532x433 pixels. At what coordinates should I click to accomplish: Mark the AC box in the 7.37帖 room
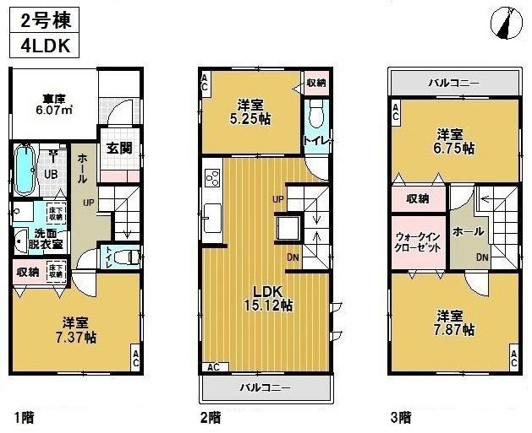click(135, 356)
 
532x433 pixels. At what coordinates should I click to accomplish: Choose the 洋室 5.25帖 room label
click(251, 112)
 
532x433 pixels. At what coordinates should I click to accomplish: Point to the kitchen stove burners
click(211, 179)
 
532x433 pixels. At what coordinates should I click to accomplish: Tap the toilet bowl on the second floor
click(317, 113)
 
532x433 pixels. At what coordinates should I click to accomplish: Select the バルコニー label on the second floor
click(265, 387)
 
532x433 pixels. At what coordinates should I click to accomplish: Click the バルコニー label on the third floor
click(453, 84)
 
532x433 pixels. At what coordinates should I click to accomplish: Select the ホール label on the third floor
click(468, 230)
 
